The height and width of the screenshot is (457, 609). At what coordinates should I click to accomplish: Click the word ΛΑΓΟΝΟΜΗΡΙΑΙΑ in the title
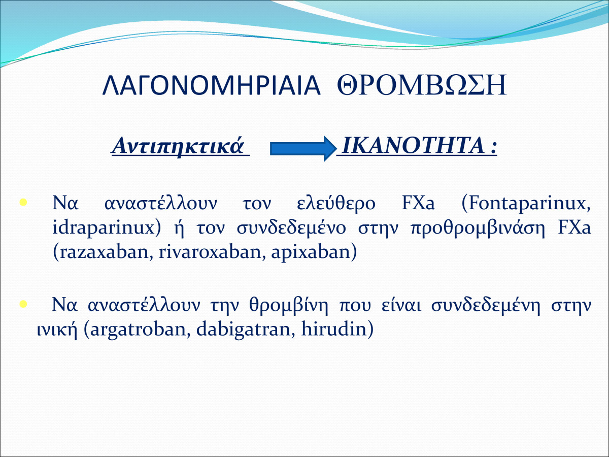point(212,85)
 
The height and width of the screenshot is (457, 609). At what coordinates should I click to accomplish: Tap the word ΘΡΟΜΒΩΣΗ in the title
point(422,85)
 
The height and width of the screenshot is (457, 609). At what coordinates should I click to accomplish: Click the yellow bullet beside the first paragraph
point(23,202)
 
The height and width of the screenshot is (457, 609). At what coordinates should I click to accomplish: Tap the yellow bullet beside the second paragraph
point(23,304)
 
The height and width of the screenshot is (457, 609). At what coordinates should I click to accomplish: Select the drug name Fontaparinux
point(528,204)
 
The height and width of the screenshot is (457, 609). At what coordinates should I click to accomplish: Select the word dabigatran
point(242,330)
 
